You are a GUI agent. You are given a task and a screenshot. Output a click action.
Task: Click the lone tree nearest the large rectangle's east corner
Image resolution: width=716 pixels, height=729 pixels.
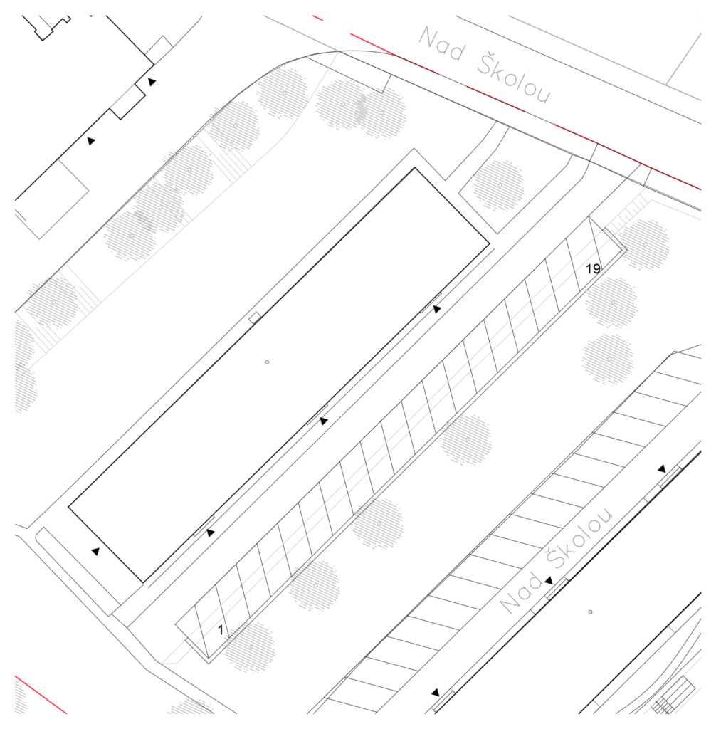coord(499,186)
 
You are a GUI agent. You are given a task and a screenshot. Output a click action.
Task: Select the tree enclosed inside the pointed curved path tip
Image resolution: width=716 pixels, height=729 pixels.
coord(283,93)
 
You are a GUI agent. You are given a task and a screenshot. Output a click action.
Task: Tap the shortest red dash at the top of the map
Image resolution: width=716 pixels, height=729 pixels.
coord(317,18)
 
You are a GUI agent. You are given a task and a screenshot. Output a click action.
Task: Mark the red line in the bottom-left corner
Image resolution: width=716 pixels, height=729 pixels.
coord(41,694)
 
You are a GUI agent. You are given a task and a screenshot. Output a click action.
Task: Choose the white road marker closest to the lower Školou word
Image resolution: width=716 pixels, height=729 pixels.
coord(653,492)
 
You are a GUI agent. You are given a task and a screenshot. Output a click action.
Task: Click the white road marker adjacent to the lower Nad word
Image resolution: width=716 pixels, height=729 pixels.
coord(539,605)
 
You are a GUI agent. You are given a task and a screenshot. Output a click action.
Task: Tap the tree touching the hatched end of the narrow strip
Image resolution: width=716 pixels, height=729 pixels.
coord(643,244)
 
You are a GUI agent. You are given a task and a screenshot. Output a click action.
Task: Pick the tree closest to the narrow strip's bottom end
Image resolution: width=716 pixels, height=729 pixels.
coord(250,647)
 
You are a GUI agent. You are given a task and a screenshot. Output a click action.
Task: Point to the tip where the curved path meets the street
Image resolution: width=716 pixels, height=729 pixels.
coord(336,51)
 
